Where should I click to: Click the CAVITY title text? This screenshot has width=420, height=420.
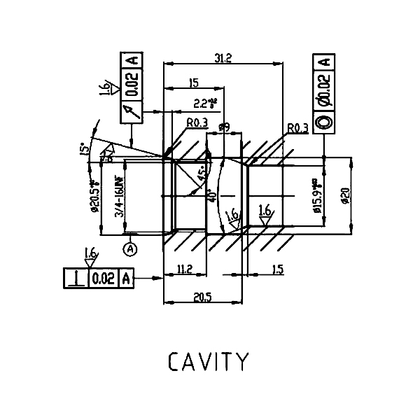[x=208, y=361]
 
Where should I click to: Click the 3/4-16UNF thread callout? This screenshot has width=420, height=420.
[x=119, y=199]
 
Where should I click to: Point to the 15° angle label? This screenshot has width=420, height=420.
[x=85, y=149]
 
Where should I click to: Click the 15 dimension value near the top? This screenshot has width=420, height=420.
[x=193, y=83]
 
